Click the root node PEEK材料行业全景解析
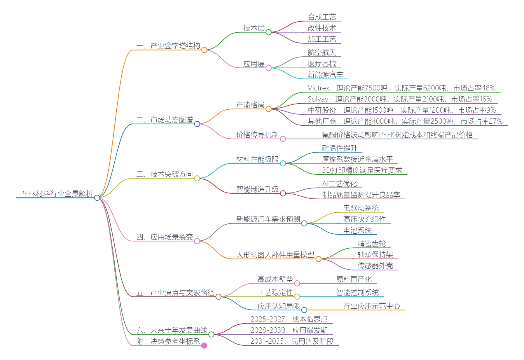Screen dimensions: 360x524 tap(56, 194)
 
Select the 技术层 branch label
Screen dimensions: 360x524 tap(254, 28)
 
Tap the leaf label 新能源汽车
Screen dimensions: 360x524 tap(325, 75)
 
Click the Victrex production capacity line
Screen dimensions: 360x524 tap(401, 88)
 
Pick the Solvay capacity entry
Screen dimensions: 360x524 tap(400, 99)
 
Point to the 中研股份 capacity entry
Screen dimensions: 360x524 tap(402, 110)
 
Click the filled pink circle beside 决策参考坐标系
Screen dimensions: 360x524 tap(204, 346)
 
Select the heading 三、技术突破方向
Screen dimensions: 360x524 tap(165, 174)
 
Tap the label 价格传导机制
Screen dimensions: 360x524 tap(257, 135)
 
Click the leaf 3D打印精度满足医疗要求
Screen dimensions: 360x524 tap(362, 170)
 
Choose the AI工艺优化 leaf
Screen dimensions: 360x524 tap(339, 184)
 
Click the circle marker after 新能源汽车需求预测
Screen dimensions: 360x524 tap(304, 223)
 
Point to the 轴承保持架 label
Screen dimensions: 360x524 tap(375, 255)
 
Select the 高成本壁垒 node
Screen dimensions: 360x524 tap(275, 279)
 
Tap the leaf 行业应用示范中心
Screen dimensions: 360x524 tap(371, 306)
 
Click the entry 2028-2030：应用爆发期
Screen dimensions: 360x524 tap(289, 330)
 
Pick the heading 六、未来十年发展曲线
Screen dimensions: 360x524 tap(172, 330)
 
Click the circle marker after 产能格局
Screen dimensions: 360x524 tap(269, 109)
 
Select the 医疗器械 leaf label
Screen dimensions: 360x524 tap(322, 64)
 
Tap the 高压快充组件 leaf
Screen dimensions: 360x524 tap(364, 219)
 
